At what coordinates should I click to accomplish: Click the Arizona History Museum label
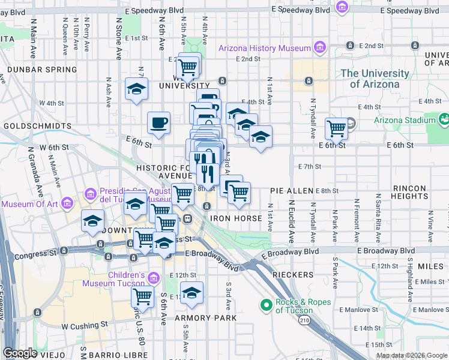tap(264, 48)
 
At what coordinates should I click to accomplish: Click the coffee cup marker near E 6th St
tap(159, 122)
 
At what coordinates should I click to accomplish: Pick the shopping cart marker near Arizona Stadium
tap(337, 127)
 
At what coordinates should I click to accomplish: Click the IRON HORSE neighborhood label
tap(236, 218)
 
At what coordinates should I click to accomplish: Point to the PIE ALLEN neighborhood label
tap(292, 190)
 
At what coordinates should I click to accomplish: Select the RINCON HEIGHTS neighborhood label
tap(409, 192)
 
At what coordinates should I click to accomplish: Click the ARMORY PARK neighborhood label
tap(206, 317)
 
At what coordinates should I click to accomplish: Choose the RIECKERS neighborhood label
tap(293, 275)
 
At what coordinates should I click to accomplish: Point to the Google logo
tap(20, 353)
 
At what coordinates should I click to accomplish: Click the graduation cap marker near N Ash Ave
tap(136, 89)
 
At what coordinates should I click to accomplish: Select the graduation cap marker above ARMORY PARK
tap(191, 293)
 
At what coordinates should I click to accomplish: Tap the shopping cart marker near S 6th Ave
tap(142, 295)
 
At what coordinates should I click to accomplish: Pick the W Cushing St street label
tap(84, 325)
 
